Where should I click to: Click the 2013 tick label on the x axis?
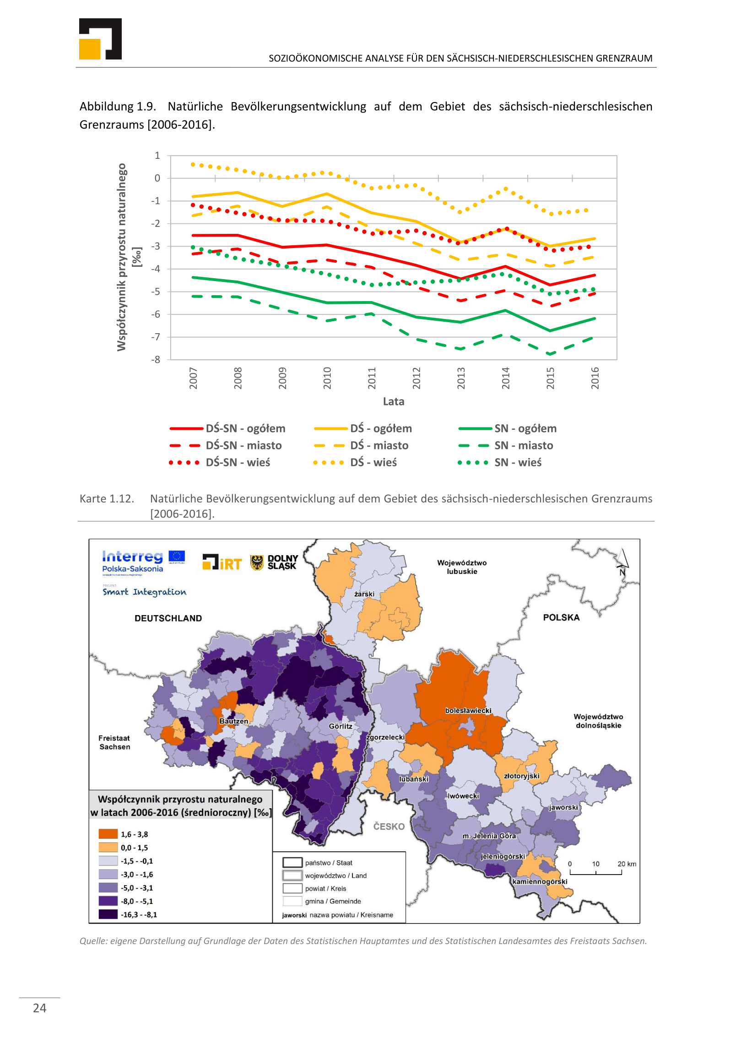pos(460,378)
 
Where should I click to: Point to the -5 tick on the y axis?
pos(157,292)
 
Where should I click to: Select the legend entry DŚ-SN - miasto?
pos(243,445)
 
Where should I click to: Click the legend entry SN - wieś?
pos(518,462)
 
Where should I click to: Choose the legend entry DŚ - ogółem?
pos(381,428)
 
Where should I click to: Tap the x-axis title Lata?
pos(393,401)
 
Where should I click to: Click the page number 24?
pos(40,1008)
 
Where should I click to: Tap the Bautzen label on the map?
pos(233,721)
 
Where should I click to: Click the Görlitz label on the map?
pos(341,726)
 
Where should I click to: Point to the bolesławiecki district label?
pos(468,711)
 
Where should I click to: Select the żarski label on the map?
pos(364,594)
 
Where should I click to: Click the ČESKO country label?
pos(389,827)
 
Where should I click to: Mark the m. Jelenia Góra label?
pos(489,836)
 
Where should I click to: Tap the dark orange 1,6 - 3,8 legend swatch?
pos(108,834)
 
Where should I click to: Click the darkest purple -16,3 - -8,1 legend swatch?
pos(108,914)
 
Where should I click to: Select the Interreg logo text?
pos(132,556)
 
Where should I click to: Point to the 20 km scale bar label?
pos(626,864)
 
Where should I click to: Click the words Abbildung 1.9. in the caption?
pos(118,107)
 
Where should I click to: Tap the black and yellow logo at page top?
pos(100,39)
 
